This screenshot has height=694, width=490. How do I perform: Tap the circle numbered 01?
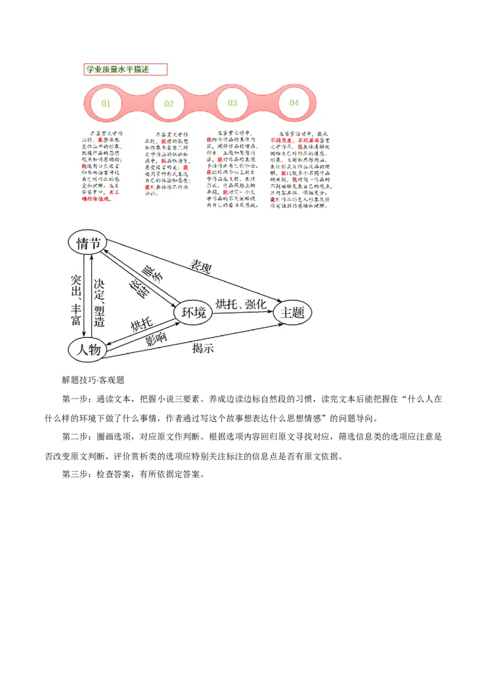106,103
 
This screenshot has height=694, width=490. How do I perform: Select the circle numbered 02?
169,104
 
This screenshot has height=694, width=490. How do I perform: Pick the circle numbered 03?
232,103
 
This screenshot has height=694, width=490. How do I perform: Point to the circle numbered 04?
294,103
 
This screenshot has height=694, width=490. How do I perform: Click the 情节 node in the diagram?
88,243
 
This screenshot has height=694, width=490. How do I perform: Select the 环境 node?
193,313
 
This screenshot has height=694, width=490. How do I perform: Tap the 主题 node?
292,313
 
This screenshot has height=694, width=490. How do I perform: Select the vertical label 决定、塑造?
99,302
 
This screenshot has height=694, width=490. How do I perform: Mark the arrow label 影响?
156,340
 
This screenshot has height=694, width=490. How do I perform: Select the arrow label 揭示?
203,349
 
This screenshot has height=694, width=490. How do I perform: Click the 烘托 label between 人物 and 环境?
141,325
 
